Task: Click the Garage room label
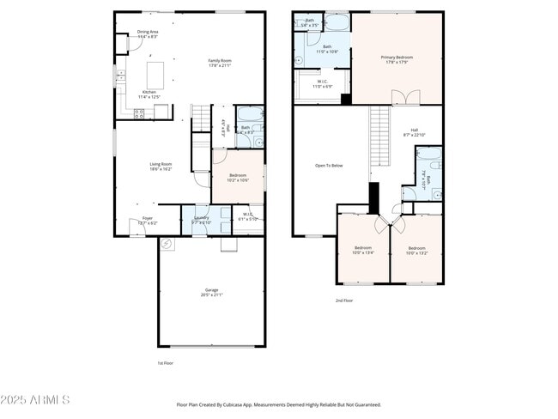211,292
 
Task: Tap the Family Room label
221,63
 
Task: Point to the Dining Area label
149,34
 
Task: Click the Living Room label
161,166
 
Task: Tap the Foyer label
148,221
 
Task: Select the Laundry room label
201,220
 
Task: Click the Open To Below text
329,166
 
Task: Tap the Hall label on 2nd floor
414,132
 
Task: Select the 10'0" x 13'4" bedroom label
364,251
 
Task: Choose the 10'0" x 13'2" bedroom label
415,251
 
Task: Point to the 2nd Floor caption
343,301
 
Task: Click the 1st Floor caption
166,363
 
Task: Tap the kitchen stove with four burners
139,112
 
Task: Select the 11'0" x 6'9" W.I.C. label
321,85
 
